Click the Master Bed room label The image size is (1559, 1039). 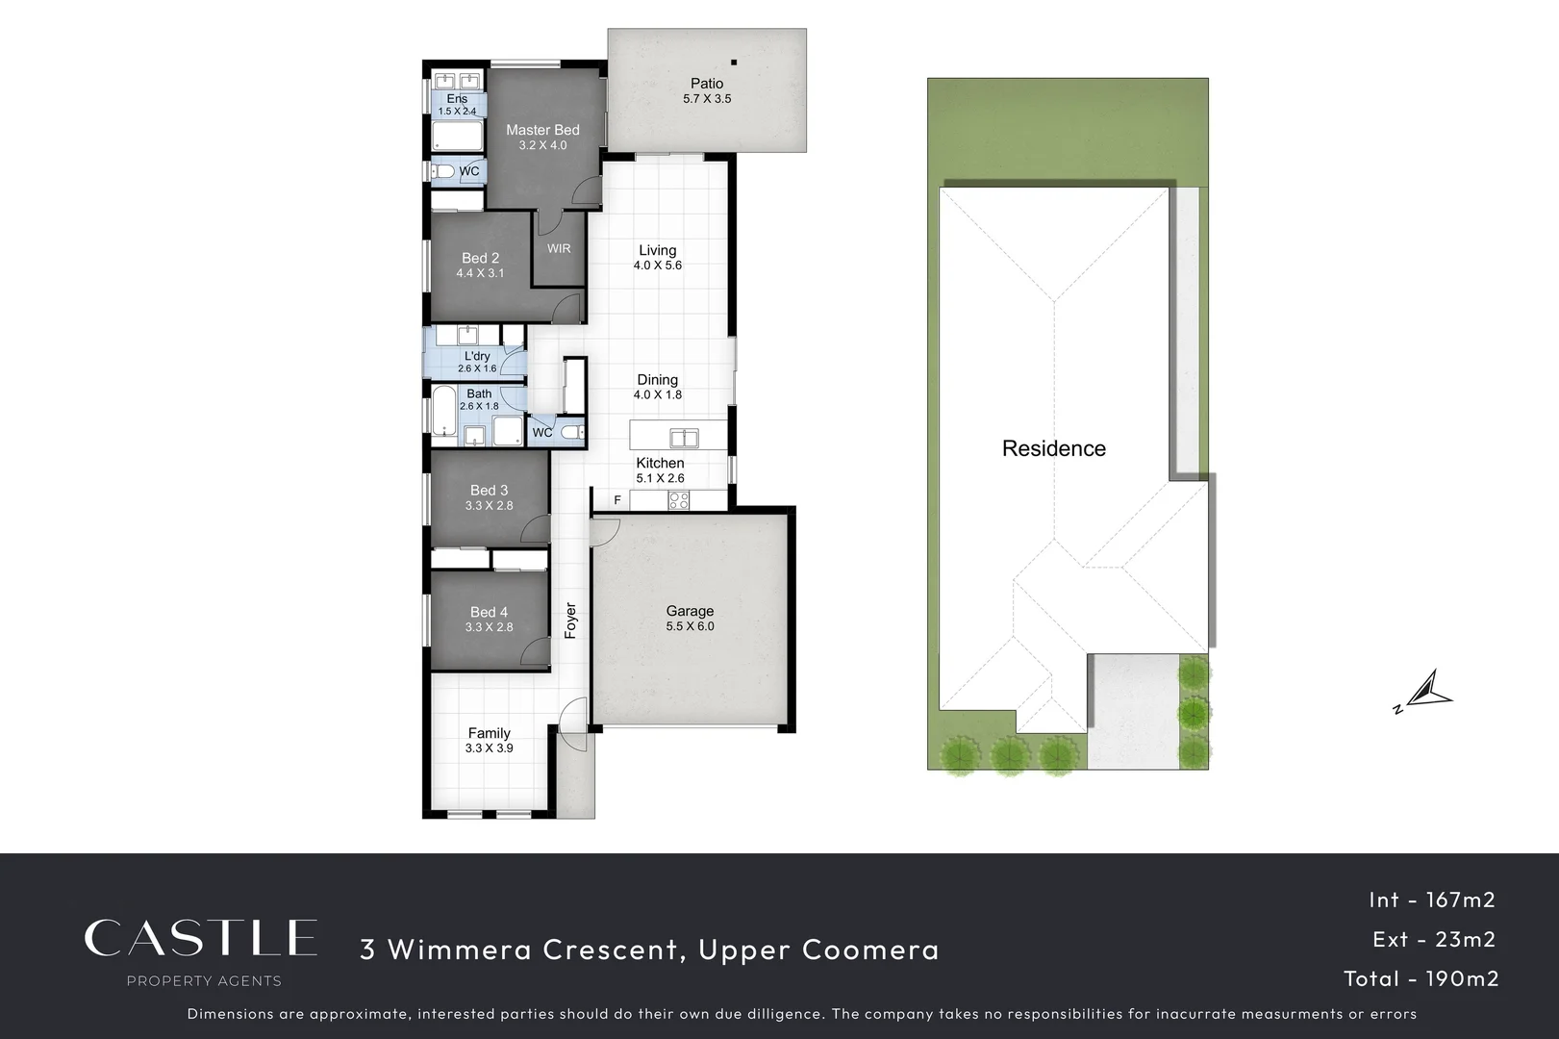click(x=542, y=130)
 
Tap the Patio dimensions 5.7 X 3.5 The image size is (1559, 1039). click(x=707, y=99)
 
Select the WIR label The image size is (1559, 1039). click(x=559, y=248)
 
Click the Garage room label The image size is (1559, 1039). click(x=690, y=611)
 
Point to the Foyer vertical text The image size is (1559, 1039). click(x=570, y=621)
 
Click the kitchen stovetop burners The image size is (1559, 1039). click(x=679, y=500)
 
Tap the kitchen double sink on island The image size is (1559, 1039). click(x=684, y=439)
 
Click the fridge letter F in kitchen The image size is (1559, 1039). click(x=617, y=500)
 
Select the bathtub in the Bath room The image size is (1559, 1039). click(x=443, y=411)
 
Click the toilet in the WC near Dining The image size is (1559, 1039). click(x=571, y=433)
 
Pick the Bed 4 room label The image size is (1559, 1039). click(x=489, y=612)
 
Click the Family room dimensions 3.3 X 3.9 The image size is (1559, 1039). click(x=489, y=748)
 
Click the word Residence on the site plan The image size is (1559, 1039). click(x=1053, y=448)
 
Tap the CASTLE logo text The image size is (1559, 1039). click(x=200, y=938)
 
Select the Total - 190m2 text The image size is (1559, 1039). click(x=1421, y=978)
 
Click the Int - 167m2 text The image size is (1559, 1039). click(x=1431, y=900)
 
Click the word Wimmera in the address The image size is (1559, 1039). click(x=460, y=950)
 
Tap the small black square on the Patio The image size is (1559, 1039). click(x=734, y=63)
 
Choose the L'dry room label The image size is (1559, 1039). click(x=477, y=356)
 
